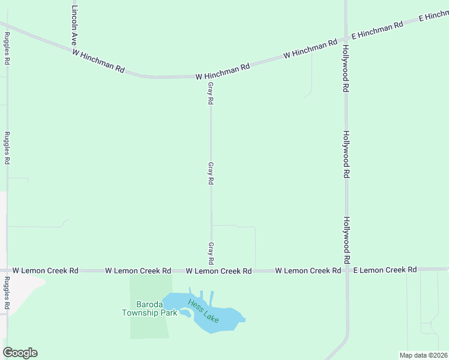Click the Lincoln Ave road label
[74, 27]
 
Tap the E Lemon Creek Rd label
[385, 270]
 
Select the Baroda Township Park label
[149, 308]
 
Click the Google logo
[20, 353]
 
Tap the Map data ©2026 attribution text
[423, 355]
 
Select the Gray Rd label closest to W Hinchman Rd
[211, 94]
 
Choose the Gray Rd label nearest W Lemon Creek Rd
[211, 253]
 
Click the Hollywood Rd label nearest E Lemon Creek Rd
[347, 241]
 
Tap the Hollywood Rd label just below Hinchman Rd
[346, 67]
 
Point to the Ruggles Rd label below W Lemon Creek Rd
[7, 293]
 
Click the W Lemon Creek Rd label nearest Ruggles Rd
[46, 271]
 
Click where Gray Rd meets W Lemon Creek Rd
[211, 271]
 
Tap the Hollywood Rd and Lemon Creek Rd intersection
[347, 271]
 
